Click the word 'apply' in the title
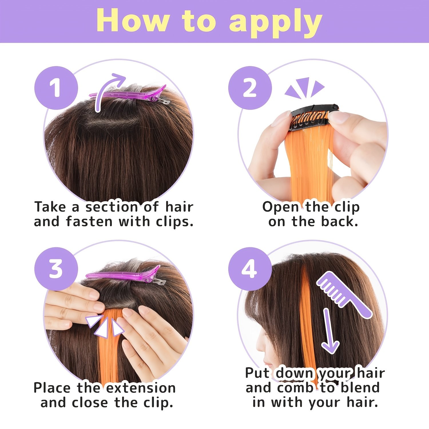tap(276, 23)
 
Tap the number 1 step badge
tap(56, 88)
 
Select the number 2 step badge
tap(250, 88)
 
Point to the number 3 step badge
tap(56, 269)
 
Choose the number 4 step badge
tap(250, 269)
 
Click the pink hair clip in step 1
tap(129, 95)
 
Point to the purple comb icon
tap(344, 295)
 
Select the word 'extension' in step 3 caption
tap(141, 388)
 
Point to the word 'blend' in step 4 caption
tap(360, 388)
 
